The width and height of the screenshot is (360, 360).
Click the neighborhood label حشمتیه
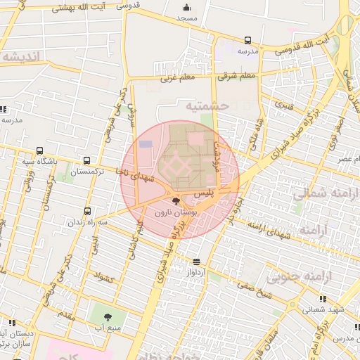pyautogui.click(x=207, y=106)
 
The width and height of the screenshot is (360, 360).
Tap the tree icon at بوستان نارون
pyautogui.click(x=176, y=202)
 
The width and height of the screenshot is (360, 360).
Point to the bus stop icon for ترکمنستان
pyautogui.click(x=86, y=161)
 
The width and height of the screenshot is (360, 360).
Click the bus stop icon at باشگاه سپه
pyautogui.click(x=39, y=151)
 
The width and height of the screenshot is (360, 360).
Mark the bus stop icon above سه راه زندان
pyautogui.click(x=88, y=211)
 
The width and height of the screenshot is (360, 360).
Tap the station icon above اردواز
pyautogui.click(x=196, y=262)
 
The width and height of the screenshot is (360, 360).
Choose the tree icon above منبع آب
pyautogui.click(x=108, y=317)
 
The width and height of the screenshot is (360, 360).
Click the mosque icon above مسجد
pyautogui.click(x=187, y=6)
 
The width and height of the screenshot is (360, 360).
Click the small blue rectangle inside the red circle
pyautogui.click(x=146, y=144)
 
